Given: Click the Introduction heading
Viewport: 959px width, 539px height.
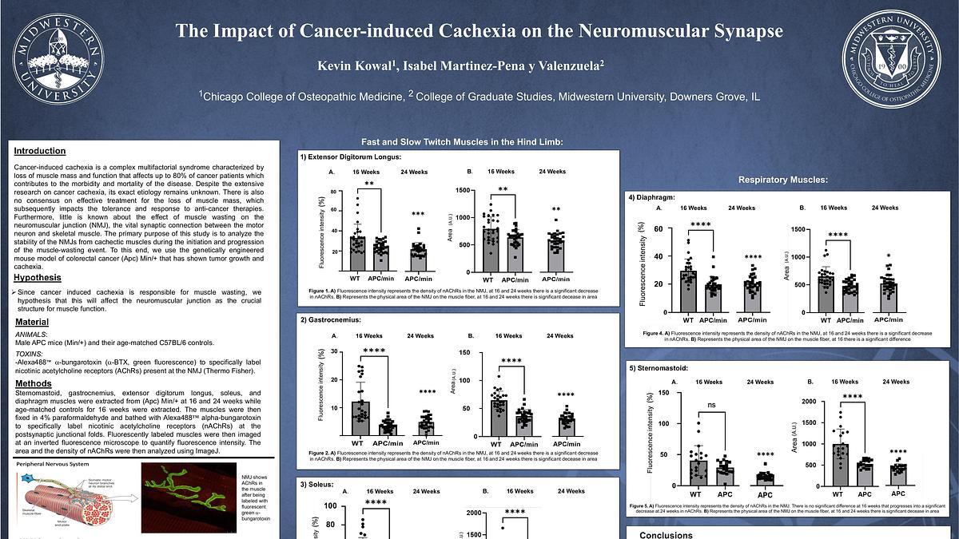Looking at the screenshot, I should pyautogui.click(x=40, y=151).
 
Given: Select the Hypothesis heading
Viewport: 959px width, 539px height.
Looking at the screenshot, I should pyautogui.click(x=38, y=278).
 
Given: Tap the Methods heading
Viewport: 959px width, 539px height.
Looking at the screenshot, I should pyautogui.click(x=33, y=384).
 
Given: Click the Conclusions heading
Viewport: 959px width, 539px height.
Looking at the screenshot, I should pyautogui.click(x=666, y=534).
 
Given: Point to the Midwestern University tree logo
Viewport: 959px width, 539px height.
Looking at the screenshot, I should pyautogui.click(x=58, y=58).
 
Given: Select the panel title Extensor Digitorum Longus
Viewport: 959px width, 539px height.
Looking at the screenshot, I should pyautogui.click(x=351, y=157).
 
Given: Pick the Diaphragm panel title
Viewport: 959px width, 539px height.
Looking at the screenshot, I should pyautogui.click(x=655, y=196).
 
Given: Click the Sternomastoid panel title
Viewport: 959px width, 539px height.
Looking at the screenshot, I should pyautogui.click(x=661, y=369).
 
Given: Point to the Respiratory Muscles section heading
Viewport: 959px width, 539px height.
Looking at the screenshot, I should pyautogui.click(x=782, y=180).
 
